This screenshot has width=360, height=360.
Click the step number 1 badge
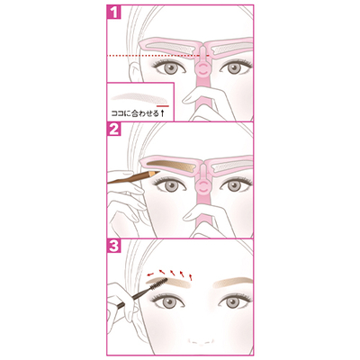pyautogui.click(x=114, y=12)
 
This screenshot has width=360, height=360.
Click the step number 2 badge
pyautogui.click(x=114, y=130)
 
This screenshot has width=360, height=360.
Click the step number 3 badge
pyautogui.click(x=114, y=247)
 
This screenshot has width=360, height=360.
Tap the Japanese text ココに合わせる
pyautogui.click(x=135, y=113)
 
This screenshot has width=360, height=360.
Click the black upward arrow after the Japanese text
pyautogui.click(x=163, y=113)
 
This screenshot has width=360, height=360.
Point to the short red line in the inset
pyautogui.click(x=163, y=105)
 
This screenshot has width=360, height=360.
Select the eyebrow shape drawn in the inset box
pyautogui.click(x=138, y=96)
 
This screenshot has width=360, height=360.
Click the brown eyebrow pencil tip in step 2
pyautogui.click(x=157, y=173)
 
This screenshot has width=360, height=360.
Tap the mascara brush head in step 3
pyautogui.click(x=158, y=283)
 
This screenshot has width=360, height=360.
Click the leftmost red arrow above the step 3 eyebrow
pyautogui.click(x=149, y=274)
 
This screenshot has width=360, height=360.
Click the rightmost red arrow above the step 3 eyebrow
pyautogui.click(x=190, y=276)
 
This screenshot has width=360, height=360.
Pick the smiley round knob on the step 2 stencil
pyautogui.click(x=202, y=187)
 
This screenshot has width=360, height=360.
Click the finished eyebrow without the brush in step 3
pyautogui.click(x=231, y=283)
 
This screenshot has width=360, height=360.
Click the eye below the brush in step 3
pyautogui.click(x=170, y=301)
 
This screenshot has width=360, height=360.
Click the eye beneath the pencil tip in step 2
pyautogui.click(x=170, y=185)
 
